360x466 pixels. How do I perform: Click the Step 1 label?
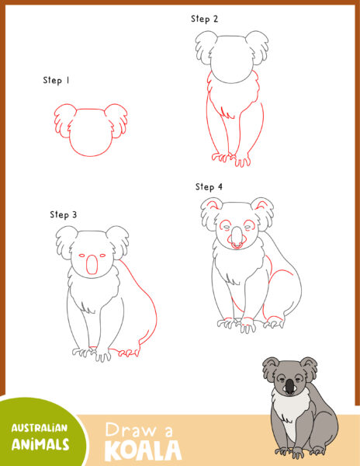[57, 80]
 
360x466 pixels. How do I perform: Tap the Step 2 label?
[205, 18]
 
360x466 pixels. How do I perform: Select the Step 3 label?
[64, 214]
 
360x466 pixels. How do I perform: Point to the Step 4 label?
[209, 187]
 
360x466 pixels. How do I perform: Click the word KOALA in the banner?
[142, 450]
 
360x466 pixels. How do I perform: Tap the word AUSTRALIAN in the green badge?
[39, 428]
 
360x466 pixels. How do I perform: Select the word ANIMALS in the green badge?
[40, 444]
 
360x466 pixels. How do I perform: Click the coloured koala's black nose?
[289, 386]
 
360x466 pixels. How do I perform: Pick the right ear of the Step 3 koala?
[119, 242]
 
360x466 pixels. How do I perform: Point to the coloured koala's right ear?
[308, 365]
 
